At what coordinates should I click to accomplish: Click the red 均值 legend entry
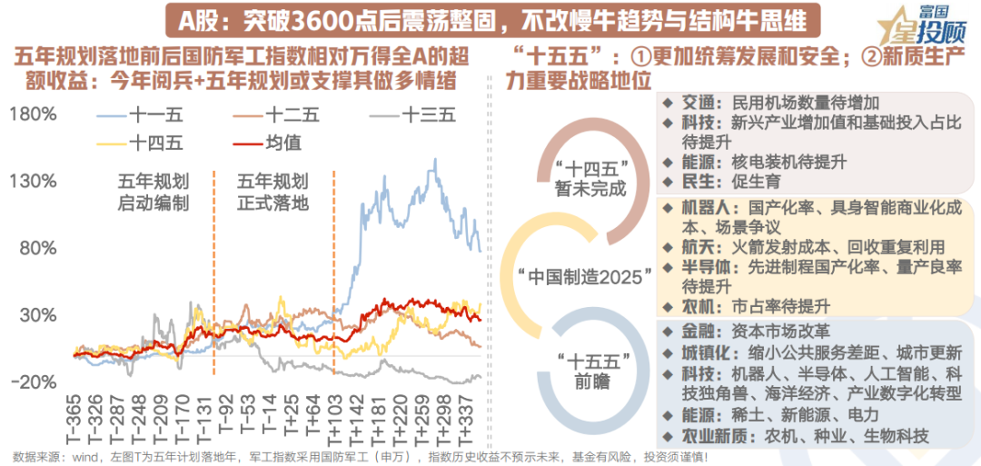point(282,142)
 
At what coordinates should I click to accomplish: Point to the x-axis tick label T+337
point(467,420)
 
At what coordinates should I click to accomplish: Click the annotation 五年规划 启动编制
point(154,191)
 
